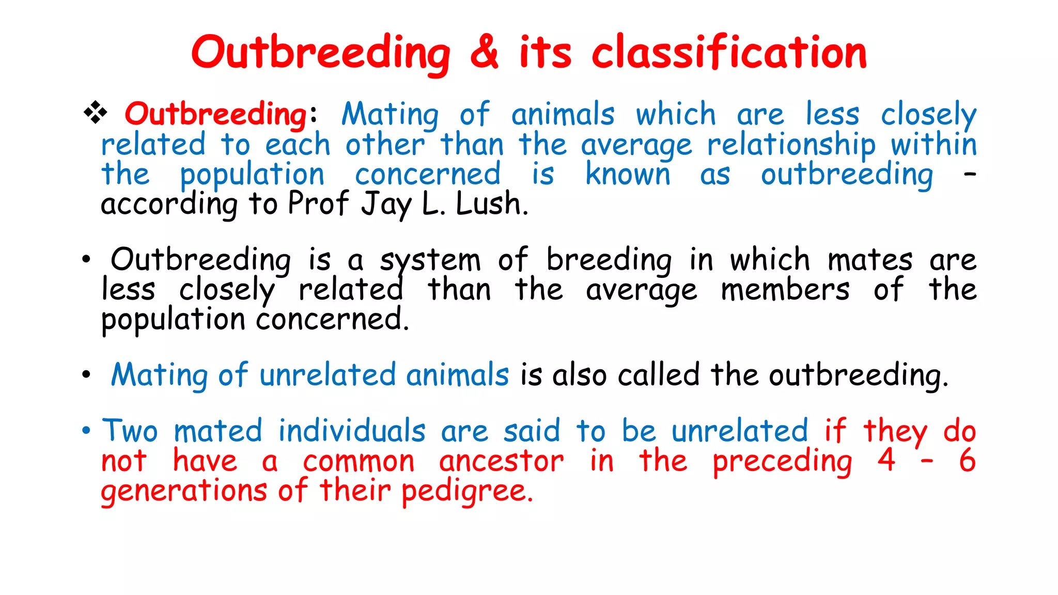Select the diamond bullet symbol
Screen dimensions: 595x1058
point(96,112)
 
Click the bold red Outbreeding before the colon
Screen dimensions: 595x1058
point(216,114)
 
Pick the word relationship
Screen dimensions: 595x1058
point(791,145)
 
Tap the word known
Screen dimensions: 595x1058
point(628,174)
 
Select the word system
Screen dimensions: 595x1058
point(430,260)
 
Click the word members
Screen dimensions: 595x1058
point(785,290)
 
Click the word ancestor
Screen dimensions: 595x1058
point(501,461)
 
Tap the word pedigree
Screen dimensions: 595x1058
point(466,491)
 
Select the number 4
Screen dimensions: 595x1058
point(886,460)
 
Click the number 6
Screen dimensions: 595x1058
point(967,460)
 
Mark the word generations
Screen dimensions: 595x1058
point(184,491)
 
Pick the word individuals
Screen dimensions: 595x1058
point(352,431)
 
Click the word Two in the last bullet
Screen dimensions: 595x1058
point(130,431)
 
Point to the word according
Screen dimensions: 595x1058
point(169,204)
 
